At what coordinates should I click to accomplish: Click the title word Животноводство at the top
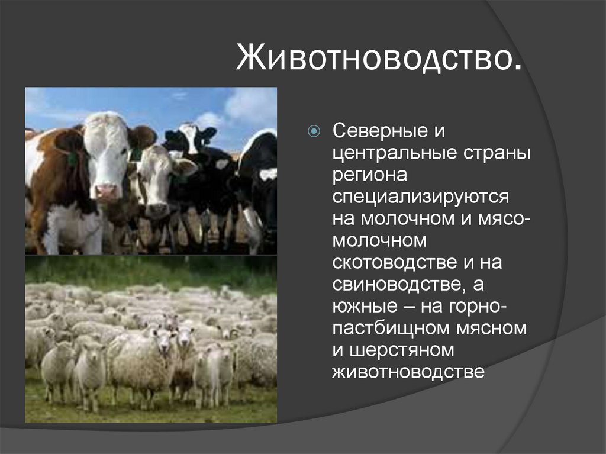pos(379,60)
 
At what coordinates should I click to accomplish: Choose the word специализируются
pos(420,197)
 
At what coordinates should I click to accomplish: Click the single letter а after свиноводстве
pos(478,284)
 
